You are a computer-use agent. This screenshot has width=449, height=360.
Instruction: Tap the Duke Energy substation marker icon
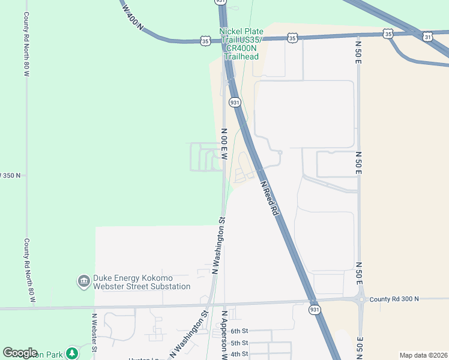coord(83,281)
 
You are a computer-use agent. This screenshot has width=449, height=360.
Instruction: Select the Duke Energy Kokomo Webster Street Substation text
coord(141,282)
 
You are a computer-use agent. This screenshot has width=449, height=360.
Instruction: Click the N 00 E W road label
coord(224,143)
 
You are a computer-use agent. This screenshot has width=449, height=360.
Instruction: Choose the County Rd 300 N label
coord(394,299)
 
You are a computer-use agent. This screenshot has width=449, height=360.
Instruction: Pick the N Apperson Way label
coord(224,335)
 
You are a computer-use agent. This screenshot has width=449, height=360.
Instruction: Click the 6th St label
coord(240,331)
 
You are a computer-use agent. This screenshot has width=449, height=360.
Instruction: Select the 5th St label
coord(240,343)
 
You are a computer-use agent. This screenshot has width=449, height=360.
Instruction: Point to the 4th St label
coord(240,354)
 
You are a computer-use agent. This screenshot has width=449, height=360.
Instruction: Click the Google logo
coord(20,352)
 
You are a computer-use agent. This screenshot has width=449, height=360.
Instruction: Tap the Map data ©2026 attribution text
coord(423,355)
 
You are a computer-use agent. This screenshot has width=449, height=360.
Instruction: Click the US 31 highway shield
coord(427,37)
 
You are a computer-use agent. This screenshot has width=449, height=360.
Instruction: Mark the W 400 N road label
coord(133,17)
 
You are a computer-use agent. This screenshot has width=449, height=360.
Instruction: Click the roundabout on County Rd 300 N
coord(360,298)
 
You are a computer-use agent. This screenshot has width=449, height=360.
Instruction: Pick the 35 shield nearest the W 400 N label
coord(206,41)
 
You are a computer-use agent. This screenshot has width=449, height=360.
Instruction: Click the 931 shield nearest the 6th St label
coord(315,310)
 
